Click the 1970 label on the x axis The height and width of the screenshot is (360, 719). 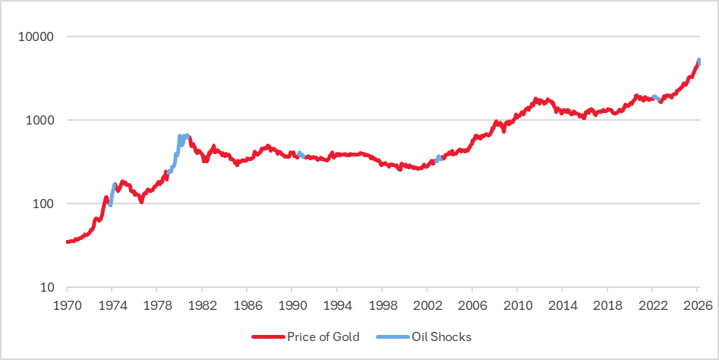click(x=67, y=304)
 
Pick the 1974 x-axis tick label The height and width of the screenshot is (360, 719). click(x=112, y=304)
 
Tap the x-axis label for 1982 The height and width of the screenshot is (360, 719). click(x=201, y=304)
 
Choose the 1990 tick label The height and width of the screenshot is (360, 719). click(x=292, y=304)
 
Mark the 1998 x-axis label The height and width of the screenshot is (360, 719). click(x=382, y=304)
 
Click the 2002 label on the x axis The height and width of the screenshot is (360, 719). click(x=427, y=304)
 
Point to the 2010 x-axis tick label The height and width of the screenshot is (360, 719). click(x=517, y=304)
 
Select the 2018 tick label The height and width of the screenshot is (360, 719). click(x=607, y=304)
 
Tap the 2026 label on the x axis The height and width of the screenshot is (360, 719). click(x=697, y=304)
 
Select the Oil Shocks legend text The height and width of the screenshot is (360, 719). click(x=441, y=336)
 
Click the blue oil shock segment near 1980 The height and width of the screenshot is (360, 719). click(x=180, y=141)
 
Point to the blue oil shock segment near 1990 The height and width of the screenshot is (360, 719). click(x=301, y=155)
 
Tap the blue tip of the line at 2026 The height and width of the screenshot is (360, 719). click(x=699, y=61)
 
